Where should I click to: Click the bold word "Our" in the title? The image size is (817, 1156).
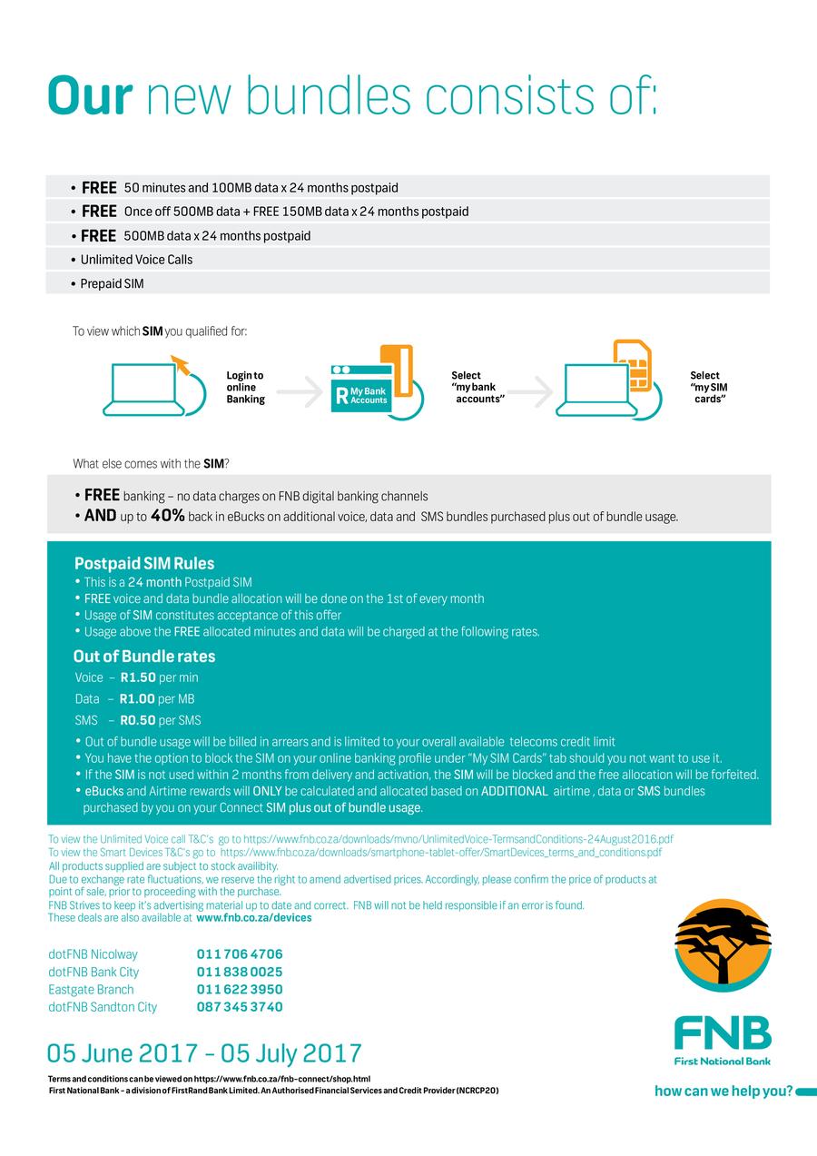click(x=89, y=96)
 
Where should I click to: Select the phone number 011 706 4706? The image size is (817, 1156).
click(x=240, y=954)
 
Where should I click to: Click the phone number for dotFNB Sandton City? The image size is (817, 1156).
click(x=240, y=1007)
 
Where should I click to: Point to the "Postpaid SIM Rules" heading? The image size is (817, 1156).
click(x=144, y=563)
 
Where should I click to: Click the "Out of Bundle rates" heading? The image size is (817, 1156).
click(x=144, y=657)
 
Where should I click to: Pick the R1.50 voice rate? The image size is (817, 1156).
click(x=138, y=677)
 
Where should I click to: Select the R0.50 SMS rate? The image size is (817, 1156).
click(x=137, y=721)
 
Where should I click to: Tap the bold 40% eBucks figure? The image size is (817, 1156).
click(x=167, y=516)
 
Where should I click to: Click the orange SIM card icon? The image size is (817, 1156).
click(x=634, y=364)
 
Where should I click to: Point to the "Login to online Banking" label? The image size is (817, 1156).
click(x=245, y=387)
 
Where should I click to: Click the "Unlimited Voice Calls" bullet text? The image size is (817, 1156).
click(x=136, y=260)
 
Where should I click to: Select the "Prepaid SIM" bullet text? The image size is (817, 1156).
click(x=112, y=284)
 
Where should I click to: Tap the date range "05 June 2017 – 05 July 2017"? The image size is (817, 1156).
click(x=204, y=1053)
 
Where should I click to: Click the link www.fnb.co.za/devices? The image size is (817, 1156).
click(x=253, y=918)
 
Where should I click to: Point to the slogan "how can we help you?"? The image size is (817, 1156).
click(x=723, y=1092)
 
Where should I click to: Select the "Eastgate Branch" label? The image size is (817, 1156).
click(x=91, y=990)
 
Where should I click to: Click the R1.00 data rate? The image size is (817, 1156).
click(x=137, y=699)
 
